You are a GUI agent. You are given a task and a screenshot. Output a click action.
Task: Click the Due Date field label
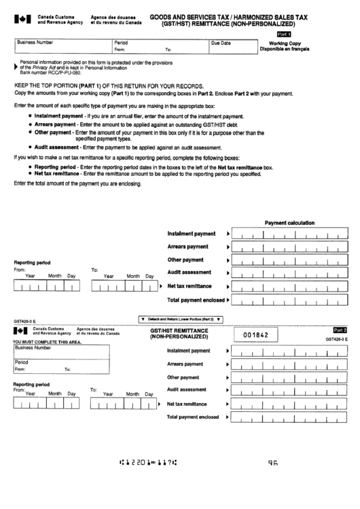click(x=221, y=42)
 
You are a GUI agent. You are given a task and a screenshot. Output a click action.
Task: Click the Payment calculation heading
click(x=289, y=223)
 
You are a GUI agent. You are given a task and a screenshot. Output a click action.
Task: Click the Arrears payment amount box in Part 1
click(x=289, y=247)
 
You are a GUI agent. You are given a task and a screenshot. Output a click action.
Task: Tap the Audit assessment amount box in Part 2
click(x=289, y=391)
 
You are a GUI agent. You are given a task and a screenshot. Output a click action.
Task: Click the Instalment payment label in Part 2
click(x=189, y=351)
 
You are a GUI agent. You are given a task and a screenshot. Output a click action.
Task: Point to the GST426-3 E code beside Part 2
click(x=337, y=338)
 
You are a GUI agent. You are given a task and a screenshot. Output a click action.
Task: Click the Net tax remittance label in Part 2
click(x=187, y=404)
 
